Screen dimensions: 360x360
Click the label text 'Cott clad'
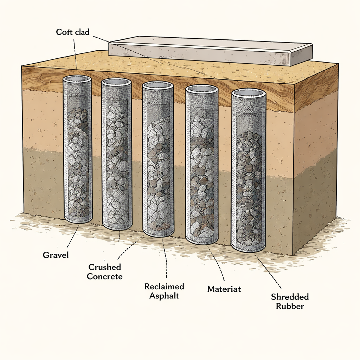click(73, 32)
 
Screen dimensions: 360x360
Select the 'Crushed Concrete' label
click(105, 271)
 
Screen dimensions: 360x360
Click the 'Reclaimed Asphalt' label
click(164, 291)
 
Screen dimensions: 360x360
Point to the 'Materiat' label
click(224, 289)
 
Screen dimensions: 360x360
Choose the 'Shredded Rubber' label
click(290, 301)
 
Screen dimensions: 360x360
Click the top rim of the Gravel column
click(77, 79)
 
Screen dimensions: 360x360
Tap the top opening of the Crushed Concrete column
click(116, 82)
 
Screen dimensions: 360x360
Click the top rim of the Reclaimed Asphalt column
click(158, 85)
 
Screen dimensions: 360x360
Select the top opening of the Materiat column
click(202, 89)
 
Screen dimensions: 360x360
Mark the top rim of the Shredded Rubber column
click(249, 93)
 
